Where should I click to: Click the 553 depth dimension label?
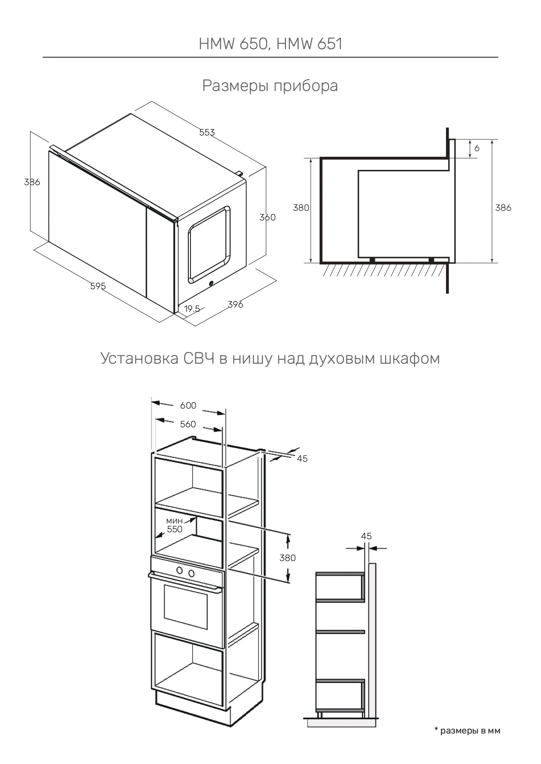pyautogui.click(x=207, y=132)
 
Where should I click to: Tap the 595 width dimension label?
pyautogui.click(x=98, y=286)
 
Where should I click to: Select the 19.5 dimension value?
pyautogui.click(x=192, y=309)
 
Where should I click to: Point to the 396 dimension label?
pyautogui.click(x=235, y=304)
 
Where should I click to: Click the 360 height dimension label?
pyautogui.click(x=267, y=217)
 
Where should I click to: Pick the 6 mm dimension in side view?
pyautogui.click(x=477, y=149)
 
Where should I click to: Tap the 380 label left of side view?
pyautogui.click(x=301, y=208)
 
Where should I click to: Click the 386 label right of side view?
pyautogui.click(x=503, y=208)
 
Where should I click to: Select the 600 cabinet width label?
pyautogui.click(x=188, y=406)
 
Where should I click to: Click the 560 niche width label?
pyautogui.click(x=188, y=424)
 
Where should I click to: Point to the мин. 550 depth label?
pyautogui.click(x=175, y=525)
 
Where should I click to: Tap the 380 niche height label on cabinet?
pyautogui.click(x=288, y=558)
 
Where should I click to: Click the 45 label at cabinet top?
pyautogui.click(x=302, y=459)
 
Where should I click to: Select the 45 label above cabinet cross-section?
pyautogui.click(x=366, y=536)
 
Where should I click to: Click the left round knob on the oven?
pyautogui.click(x=180, y=570)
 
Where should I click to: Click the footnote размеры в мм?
pyautogui.click(x=467, y=730)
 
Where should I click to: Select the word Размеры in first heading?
pyautogui.click(x=235, y=86)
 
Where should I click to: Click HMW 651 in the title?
pyautogui.click(x=310, y=44)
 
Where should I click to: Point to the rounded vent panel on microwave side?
pyautogui.click(x=209, y=245)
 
